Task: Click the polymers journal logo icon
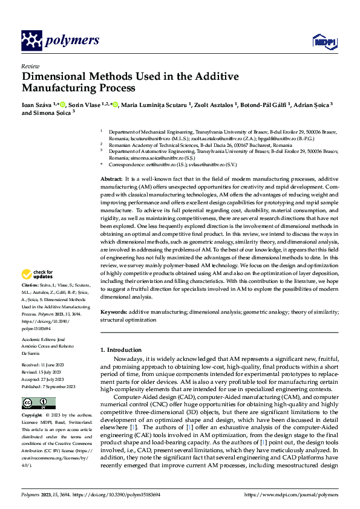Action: pyautogui.click(x=31, y=41)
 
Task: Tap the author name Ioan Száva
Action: pyautogui.click(x=36, y=105)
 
